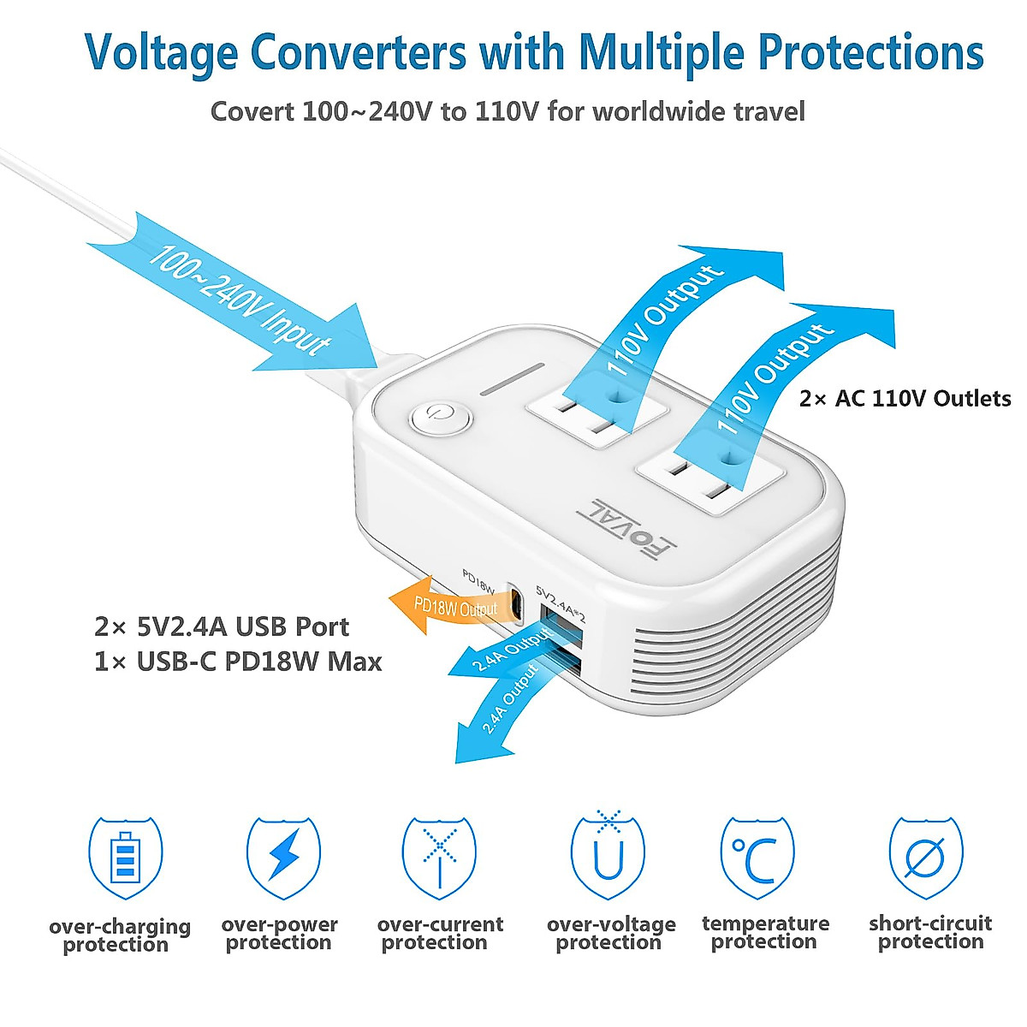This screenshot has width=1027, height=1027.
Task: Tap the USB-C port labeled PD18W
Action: coord(516,601)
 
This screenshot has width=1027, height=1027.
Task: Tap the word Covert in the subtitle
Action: coord(252,111)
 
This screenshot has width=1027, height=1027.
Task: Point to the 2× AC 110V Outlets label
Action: coord(905,398)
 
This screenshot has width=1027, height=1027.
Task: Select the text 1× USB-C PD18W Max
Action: coord(238,662)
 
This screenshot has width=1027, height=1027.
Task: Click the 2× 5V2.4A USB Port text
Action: coord(222,626)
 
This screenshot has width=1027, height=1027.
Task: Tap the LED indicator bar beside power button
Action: coord(512,379)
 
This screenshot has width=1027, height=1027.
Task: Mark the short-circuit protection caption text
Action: coord(930,933)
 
